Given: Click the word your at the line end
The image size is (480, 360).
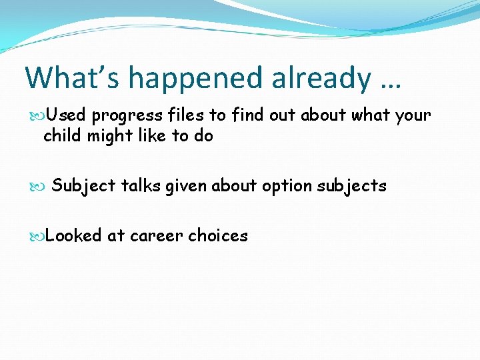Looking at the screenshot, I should [413, 116].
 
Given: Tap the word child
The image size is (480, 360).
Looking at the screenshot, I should [62, 136].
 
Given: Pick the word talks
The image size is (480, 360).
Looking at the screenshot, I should [141, 185].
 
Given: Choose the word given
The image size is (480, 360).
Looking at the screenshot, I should [186, 186].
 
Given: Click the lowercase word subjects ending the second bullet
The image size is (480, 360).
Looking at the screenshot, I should [351, 186].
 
